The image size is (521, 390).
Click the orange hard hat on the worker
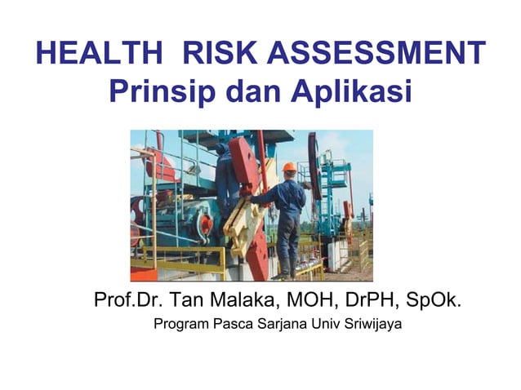(x=289, y=166)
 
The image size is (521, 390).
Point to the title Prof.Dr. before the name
(x=127, y=299)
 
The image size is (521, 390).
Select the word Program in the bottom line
(x=181, y=326)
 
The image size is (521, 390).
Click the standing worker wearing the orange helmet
(x=286, y=216)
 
